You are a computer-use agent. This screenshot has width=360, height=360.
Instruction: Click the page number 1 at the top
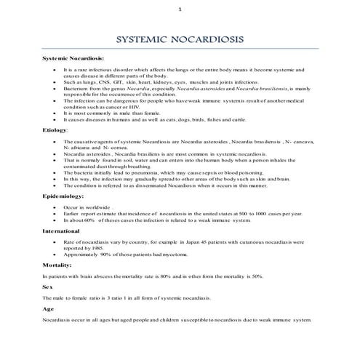coord(180,9)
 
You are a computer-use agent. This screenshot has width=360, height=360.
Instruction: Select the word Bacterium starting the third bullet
coord(76,90)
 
